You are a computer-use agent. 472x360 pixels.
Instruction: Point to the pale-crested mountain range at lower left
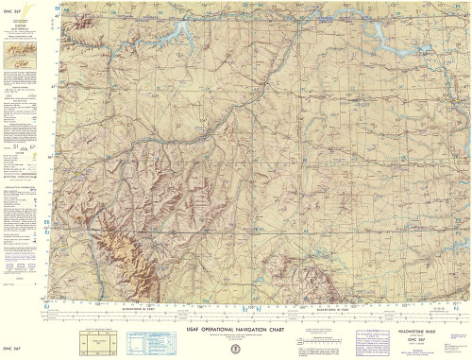[127, 250]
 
